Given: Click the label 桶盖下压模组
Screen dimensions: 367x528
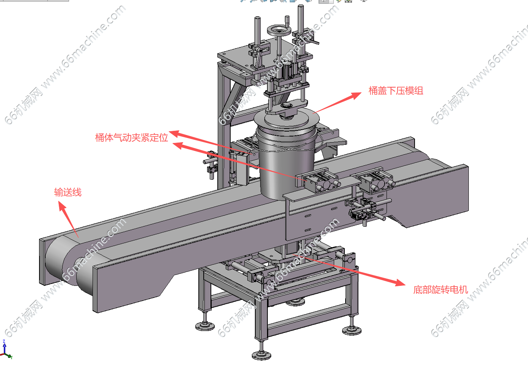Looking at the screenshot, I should pyautogui.click(x=396, y=91).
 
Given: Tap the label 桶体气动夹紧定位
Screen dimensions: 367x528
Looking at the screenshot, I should pyautogui.click(x=131, y=137).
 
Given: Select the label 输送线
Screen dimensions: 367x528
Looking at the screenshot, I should pyautogui.click(x=68, y=192).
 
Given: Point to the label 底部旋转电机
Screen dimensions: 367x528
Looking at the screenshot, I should pyautogui.click(x=440, y=290).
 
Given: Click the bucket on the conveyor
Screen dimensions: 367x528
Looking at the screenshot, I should pyautogui.click(x=286, y=163).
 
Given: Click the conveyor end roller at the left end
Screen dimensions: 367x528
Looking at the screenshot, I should pyautogui.click(x=57, y=262).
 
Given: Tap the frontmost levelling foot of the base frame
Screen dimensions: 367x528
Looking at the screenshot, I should pyautogui.click(x=262, y=354).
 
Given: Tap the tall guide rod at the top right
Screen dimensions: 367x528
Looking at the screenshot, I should pyautogui.click(x=301, y=19).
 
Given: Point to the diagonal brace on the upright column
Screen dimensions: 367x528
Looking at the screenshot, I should pyautogui.click(x=237, y=95).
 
